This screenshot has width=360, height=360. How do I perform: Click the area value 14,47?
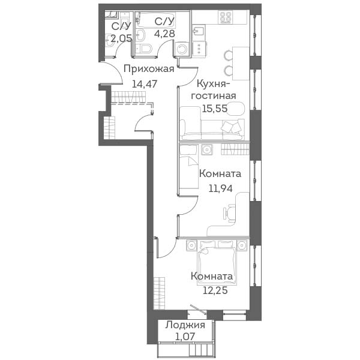pyautogui.click(x=145, y=84)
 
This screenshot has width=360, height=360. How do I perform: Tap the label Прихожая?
pyautogui.click(x=149, y=69)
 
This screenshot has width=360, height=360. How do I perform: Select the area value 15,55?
pyautogui.click(x=215, y=109)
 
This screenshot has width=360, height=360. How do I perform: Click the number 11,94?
pyautogui.click(x=220, y=188)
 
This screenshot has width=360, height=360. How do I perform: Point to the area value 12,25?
pyautogui.click(x=215, y=290)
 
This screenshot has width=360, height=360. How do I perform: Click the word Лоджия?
pyautogui.click(x=185, y=325)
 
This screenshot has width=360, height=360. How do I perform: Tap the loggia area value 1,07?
pyautogui.click(x=185, y=337)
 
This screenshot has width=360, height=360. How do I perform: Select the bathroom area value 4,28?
pyautogui.click(x=164, y=33)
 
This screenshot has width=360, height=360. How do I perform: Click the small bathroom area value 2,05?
pyautogui.click(x=121, y=38)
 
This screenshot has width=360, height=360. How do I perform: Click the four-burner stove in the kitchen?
pyautogui.click(x=226, y=17)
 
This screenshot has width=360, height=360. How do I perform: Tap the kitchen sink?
pyautogui.click(x=198, y=32)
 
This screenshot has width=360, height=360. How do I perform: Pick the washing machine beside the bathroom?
pyautogui.click(x=182, y=49)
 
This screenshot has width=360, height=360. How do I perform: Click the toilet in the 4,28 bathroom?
pyautogui.click(x=144, y=49)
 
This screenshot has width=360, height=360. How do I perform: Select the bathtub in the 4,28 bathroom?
pyautogui.click(x=155, y=20)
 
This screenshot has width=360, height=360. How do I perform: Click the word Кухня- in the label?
pyautogui.click(x=214, y=84)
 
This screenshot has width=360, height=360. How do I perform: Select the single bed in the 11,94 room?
pyautogui.click(x=189, y=167)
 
